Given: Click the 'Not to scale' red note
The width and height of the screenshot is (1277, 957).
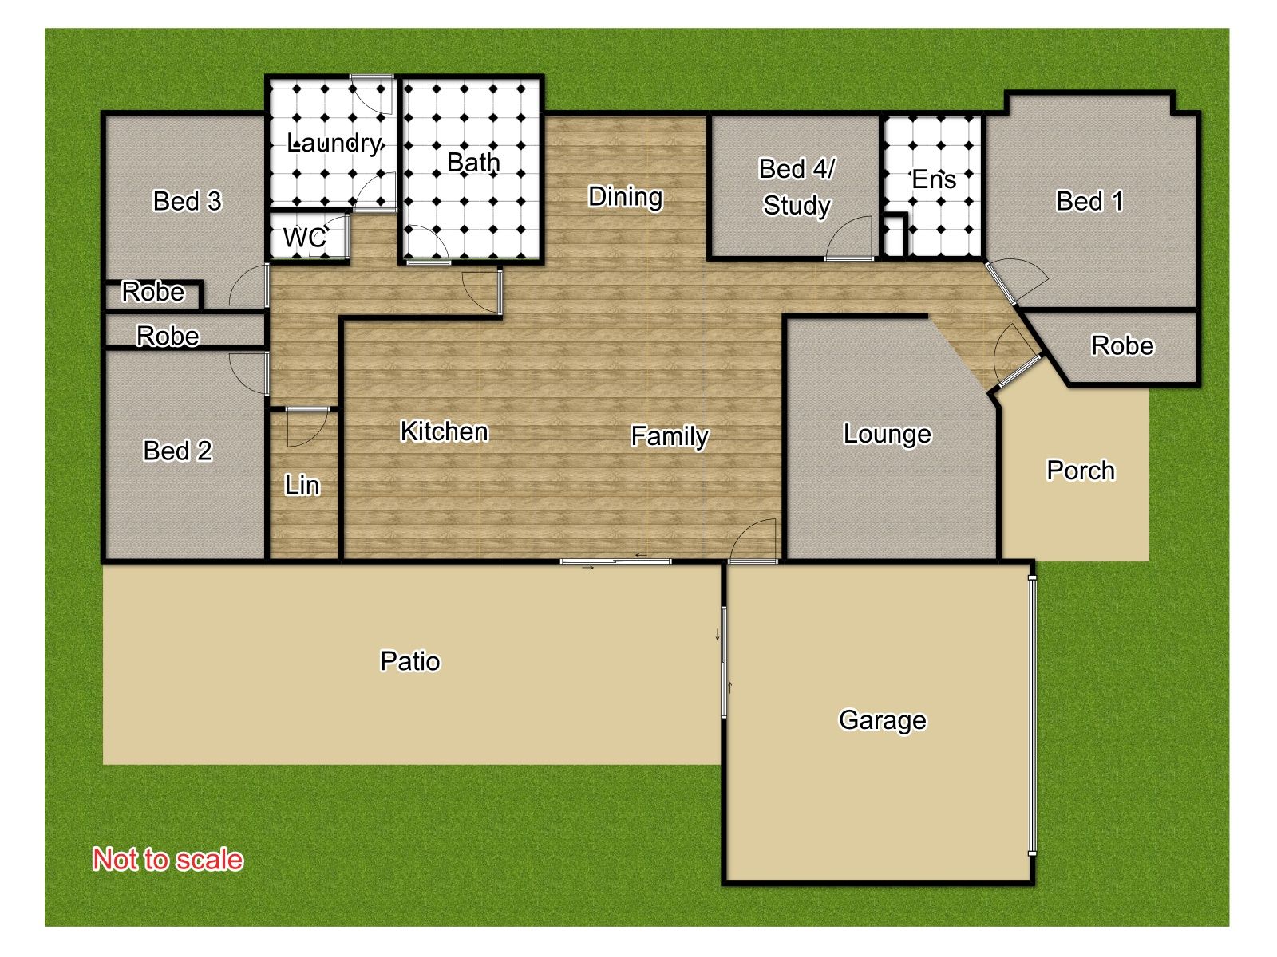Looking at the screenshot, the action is pos(168,860).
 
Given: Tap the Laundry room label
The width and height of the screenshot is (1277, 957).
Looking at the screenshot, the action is pos(334,143).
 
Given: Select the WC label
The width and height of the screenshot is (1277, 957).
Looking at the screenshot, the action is pos(304,238).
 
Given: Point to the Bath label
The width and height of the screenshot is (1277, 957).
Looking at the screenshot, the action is pos(473,162).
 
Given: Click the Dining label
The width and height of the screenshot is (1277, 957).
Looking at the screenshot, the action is pos(625,198).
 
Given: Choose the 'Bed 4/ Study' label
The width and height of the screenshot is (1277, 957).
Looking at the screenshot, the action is pos(797,187).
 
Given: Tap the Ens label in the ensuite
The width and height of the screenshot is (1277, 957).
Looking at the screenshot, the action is pos(933,179).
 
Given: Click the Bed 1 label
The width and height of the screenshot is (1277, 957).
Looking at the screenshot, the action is pos(1089,201).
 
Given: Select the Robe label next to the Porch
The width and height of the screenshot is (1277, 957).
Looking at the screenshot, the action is pos(1121,346).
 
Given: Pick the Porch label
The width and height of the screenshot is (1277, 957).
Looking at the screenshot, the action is pos(1081,470).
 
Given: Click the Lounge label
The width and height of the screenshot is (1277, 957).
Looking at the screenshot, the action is pos(888,435).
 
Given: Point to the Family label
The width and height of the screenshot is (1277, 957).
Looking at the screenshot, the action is pos(670,436).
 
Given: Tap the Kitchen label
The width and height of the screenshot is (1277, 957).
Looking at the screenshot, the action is pos(444,431).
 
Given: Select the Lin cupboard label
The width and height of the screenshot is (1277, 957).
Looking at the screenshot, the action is pos(302,485).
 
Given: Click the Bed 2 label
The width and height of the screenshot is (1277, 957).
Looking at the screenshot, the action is pos(177,451).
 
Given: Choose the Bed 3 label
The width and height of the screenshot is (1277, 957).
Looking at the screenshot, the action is pos(187,201).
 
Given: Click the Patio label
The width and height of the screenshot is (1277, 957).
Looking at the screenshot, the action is pos(410,661).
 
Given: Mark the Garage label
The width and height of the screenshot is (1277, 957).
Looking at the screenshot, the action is pos(882,720).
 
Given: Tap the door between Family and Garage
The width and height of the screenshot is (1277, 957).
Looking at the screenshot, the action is pos(753,541).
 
